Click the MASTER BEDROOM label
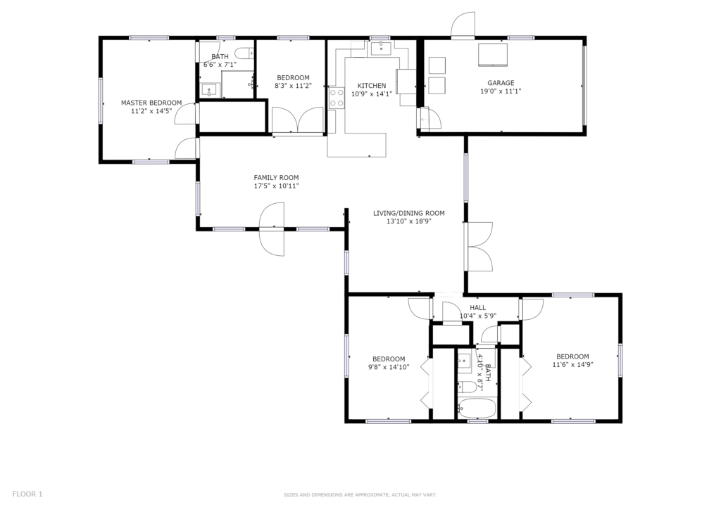(x=151, y=103)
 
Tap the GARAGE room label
(x=501, y=83)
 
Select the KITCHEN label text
(x=372, y=86)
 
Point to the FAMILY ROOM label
(x=276, y=178)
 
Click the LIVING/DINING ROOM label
(x=409, y=213)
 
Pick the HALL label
(x=478, y=308)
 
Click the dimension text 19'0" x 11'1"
(x=501, y=91)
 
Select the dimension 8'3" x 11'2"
(x=294, y=86)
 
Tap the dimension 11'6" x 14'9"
(x=572, y=365)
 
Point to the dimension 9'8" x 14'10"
(x=389, y=367)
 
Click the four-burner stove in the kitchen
(x=337, y=98)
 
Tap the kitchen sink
(x=381, y=48)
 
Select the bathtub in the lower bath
(x=477, y=408)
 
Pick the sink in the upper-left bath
(x=210, y=91)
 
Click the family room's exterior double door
(x=272, y=229)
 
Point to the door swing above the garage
(x=463, y=24)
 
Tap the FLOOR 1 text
(x=27, y=494)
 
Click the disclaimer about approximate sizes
(x=360, y=495)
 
